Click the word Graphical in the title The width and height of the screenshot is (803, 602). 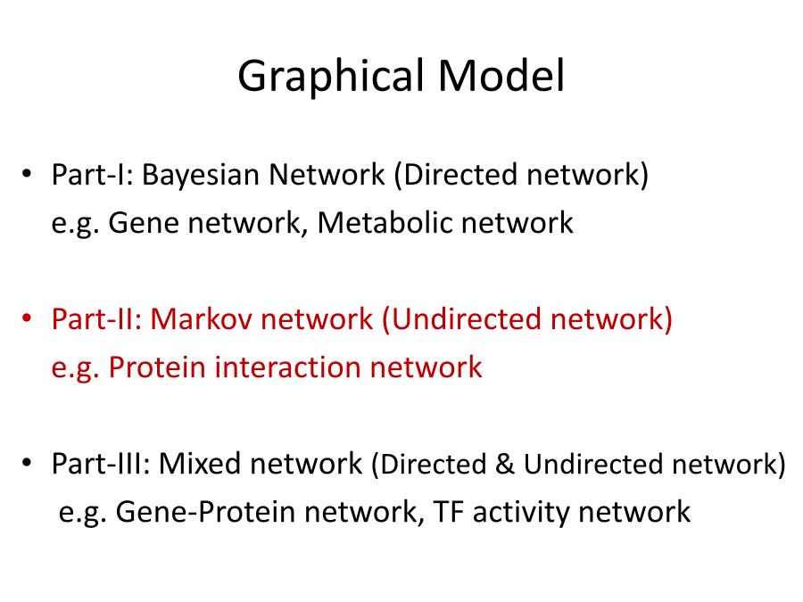point(331,76)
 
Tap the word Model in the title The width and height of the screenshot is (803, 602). point(501,75)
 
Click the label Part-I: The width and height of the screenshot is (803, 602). point(93,175)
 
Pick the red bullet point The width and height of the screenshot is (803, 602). point(27,318)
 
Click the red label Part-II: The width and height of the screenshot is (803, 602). point(96,318)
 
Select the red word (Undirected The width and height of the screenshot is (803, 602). point(462,319)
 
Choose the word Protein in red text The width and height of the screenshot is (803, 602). point(157,367)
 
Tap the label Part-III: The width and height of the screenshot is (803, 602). point(101,463)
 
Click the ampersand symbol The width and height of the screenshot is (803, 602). point(504,464)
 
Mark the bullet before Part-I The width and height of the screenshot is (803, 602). point(27,174)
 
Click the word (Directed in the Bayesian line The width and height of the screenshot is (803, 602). point(456,175)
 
